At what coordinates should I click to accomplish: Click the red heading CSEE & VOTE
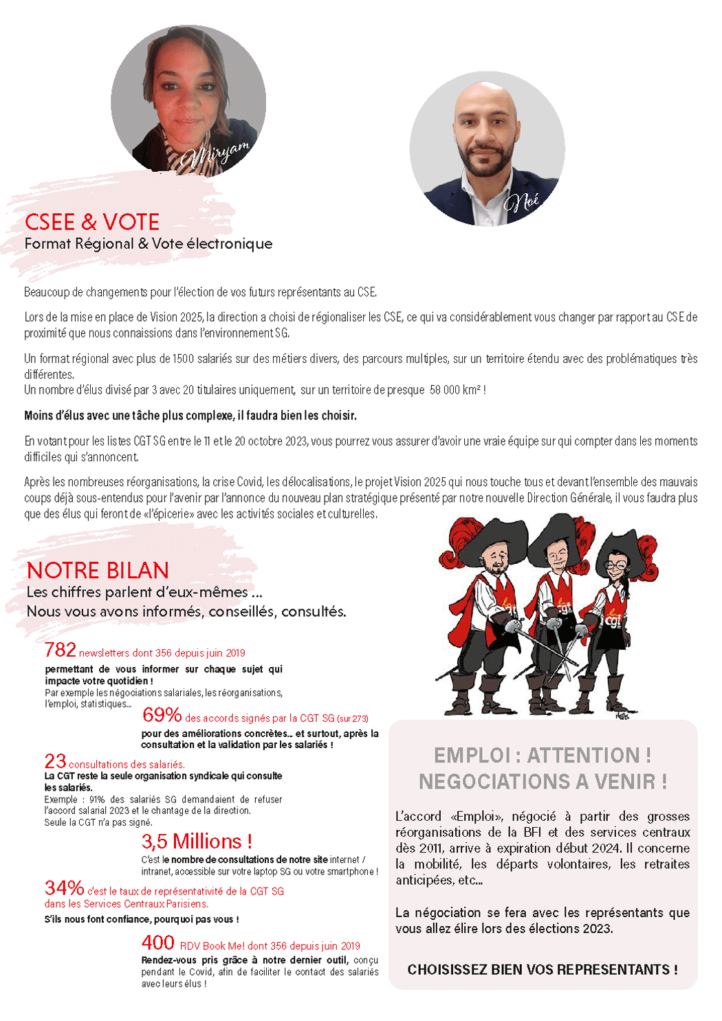pyautogui.click(x=92, y=222)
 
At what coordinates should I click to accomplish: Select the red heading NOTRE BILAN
pyautogui.click(x=98, y=571)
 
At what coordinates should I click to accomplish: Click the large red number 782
pyautogui.click(x=60, y=650)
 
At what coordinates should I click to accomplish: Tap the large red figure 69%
pyautogui.click(x=162, y=715)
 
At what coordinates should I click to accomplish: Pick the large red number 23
pyautogui.click(x=55, y=761)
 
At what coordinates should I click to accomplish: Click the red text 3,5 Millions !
pyautogui.click(x=197, y=841)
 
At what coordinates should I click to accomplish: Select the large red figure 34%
pyautogui.click(x=64, y=888)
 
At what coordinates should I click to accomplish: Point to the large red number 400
pyautogui.click(x=157, y=943)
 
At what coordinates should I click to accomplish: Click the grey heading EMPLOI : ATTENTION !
pyautogui.click(x=543, y=756)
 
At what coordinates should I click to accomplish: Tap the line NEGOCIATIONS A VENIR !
pyautogui.click(x=543, y=782)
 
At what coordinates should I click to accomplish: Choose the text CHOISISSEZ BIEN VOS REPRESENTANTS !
pyautogui.click(x=543, y=969)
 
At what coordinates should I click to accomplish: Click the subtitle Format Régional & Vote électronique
pyautogui.click(x=149, y=244)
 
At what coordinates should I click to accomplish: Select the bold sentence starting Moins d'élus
pyautogui.click(x=190, y=415)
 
